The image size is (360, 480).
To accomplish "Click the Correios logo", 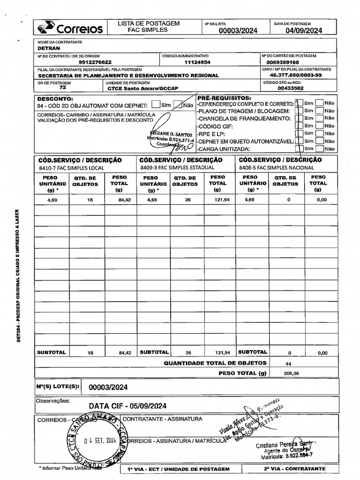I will point(70,28).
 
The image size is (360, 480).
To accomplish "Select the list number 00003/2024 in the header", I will point(238,31).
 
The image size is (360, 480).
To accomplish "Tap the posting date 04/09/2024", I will point(304,31).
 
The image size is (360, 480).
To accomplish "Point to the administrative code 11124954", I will point(197,62).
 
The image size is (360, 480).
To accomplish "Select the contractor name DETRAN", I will point(49,48).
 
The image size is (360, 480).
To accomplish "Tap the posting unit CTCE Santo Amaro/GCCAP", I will point(143,88).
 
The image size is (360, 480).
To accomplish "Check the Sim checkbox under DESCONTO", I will point(157,105).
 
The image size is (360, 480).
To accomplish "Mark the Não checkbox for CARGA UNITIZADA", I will point(319,149).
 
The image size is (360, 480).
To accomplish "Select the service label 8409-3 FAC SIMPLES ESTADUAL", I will point(177,167).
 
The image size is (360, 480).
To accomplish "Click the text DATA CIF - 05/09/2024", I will point(127,406).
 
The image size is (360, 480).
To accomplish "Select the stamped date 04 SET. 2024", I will point(100,441).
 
